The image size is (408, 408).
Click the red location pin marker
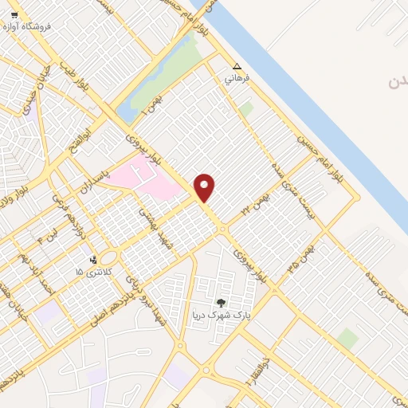click(205, 186)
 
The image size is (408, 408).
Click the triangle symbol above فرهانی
click(237, 67)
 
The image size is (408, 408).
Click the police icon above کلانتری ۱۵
click(94, 259)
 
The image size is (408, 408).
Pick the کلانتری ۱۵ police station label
click(90, 273)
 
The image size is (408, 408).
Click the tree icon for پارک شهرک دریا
click(220, 303)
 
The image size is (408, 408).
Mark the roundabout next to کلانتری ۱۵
click(109, 257)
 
